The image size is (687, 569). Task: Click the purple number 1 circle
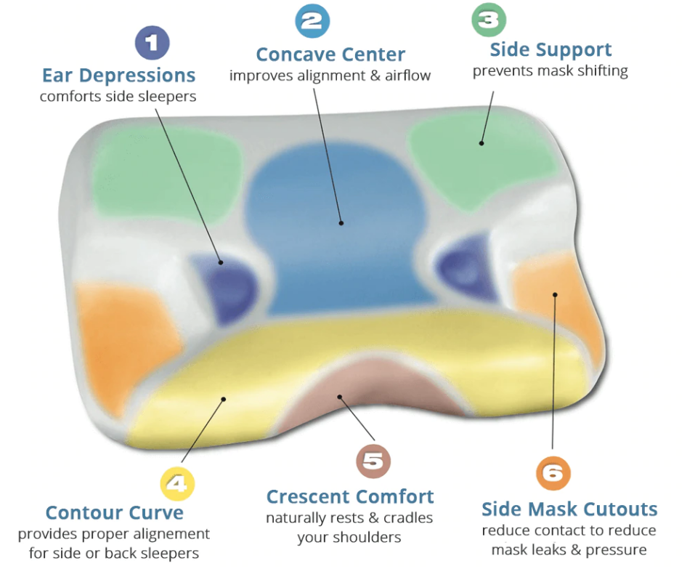click(x=151, y=43)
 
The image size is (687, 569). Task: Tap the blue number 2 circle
click(x=312, y=20)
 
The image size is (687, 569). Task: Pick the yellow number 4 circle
click(x=177, y=483)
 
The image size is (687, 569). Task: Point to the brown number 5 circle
click(x=373, y=461)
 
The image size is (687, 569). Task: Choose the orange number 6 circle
click(x=553, y=473)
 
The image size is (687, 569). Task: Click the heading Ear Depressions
click(x=118, y=76)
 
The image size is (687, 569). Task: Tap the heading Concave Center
click(x=330, y=55)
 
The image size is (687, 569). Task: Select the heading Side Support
click(x=550, y=50)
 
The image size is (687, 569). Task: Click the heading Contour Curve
click(x=114, y=513)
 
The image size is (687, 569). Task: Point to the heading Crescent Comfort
click(x=349, y=497)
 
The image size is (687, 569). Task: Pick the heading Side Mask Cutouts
click(x=569, y=509)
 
